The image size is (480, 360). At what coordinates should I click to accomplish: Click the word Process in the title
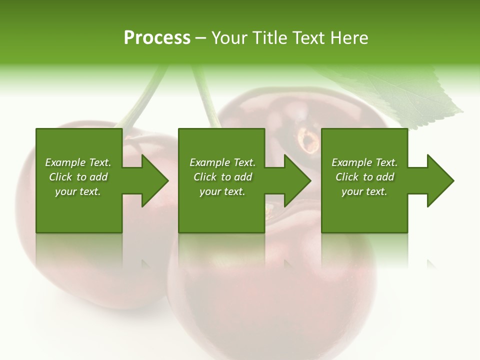click(157, 38)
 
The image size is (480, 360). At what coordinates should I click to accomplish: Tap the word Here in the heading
click(348, 38)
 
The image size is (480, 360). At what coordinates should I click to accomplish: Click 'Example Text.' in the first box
click(78, 162)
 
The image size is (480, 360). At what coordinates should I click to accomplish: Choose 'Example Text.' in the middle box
click(222, 162)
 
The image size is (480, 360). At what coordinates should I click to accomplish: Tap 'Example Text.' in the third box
click(364, 162)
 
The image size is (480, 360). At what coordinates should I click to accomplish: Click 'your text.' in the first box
click(78, 191)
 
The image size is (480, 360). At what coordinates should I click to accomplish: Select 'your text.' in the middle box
click(222, 191)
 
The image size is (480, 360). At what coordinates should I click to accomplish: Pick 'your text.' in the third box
click(364, 191)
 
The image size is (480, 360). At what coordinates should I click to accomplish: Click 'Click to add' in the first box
click(78, 177)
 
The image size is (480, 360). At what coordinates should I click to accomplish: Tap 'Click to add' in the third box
click(364, 177)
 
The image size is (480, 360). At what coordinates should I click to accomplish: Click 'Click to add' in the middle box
click(222, 177)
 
